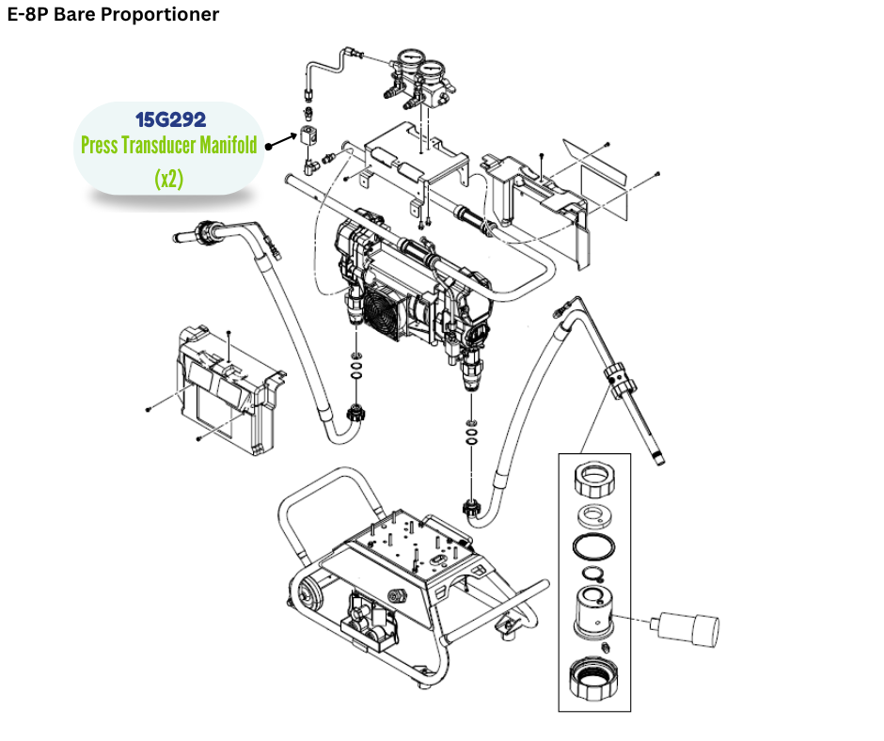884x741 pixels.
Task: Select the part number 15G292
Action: (x=170, y=119)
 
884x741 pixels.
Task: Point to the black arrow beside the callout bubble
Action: (x=278, y=143)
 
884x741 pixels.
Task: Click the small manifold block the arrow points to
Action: (x=308, y=135)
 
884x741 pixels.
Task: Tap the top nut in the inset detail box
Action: (x=595, y=481)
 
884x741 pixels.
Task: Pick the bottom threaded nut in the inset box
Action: (x=594, y=679)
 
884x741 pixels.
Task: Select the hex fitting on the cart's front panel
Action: (x=397, y=594)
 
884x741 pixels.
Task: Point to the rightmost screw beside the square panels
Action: (x=657, y=174)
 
